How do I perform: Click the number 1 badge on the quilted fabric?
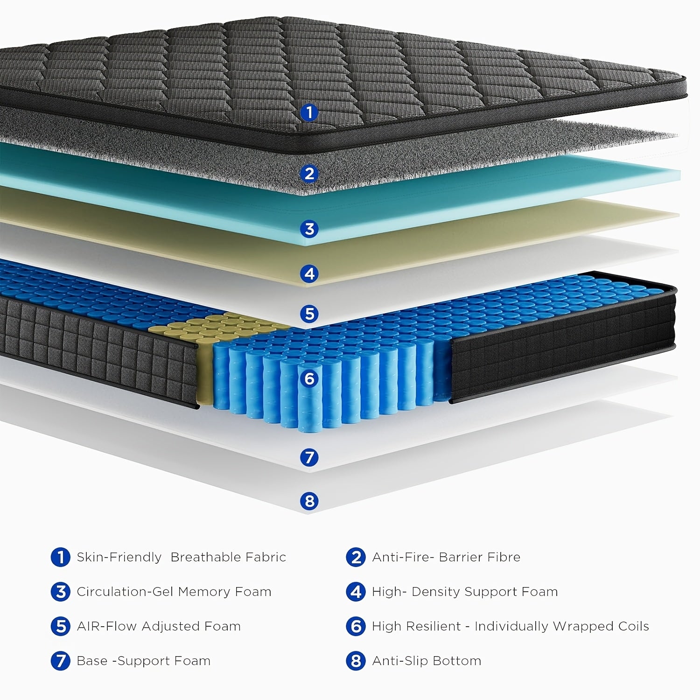click(309, 112)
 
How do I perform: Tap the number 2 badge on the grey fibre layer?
click(309, 174)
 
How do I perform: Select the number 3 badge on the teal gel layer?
click(309, 229)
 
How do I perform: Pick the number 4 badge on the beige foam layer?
click(309, 273)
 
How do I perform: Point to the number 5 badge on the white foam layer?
click(309, 314)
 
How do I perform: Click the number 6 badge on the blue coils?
click(309, 378)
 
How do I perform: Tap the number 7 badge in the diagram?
click(309, 457)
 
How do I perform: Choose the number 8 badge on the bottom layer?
click(309, 501)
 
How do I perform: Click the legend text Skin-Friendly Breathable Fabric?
click(181, 557)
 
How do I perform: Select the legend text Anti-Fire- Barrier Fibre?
click(446, 557)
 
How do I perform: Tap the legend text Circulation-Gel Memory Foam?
click(174, 592)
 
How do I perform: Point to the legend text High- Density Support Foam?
click(464, 592)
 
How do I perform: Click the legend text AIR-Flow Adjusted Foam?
click(159, 626)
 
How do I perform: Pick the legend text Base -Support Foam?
click(143, 661)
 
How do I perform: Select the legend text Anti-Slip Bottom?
click(426, 661)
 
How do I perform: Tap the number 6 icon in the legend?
click(356, 626)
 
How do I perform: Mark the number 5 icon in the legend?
click(60, 626)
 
